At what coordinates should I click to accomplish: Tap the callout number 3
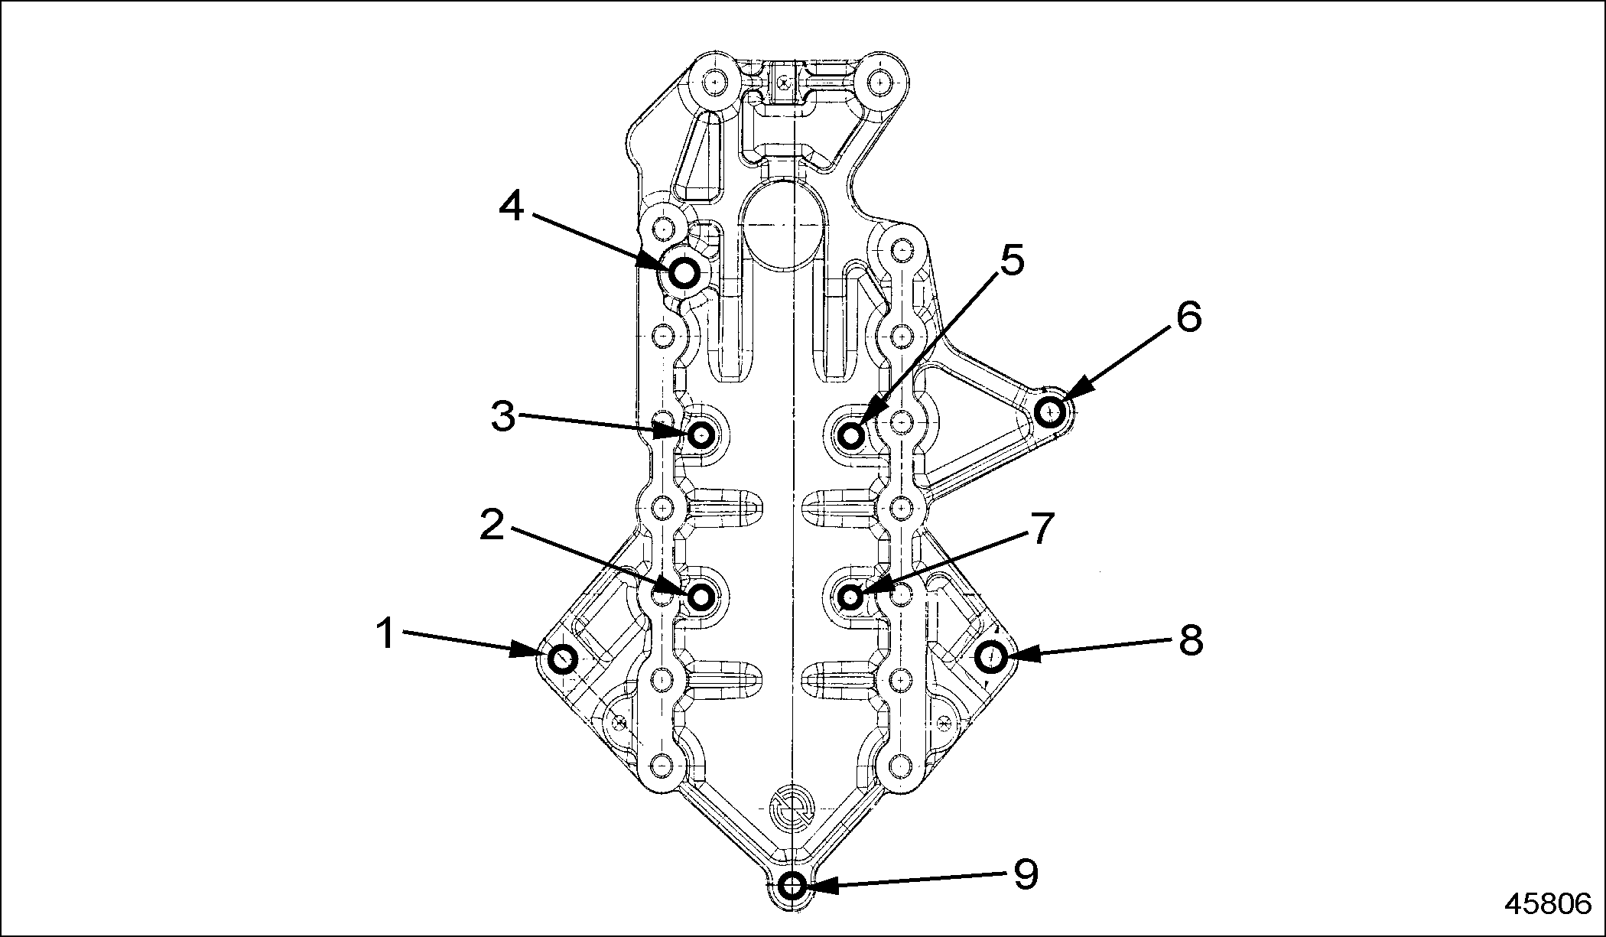click(x=502, y=416)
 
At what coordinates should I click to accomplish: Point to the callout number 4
click(x=511, y=207)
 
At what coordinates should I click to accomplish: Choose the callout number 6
click(x=1188, y=317)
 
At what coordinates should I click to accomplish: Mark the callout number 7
click(x=1041, y=528)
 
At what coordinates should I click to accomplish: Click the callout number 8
click(x=1191, y=639)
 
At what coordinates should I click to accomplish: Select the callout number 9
click(x=1025, y=874)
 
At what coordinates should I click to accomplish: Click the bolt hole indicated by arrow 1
click(x=564, y=659)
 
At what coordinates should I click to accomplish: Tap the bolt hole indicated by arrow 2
click(x=701, y=596)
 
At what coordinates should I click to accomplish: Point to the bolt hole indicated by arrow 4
click(x=684, y=272)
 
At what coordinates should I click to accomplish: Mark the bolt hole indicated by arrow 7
click(x=850, y=596)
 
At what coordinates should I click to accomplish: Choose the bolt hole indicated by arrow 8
click(x=992, y=656)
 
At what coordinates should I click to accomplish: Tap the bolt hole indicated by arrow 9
click(x=793, y=887)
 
